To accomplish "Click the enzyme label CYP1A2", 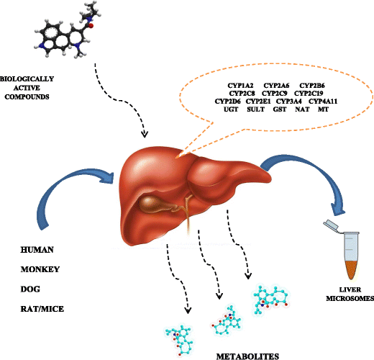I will (237, 86).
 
